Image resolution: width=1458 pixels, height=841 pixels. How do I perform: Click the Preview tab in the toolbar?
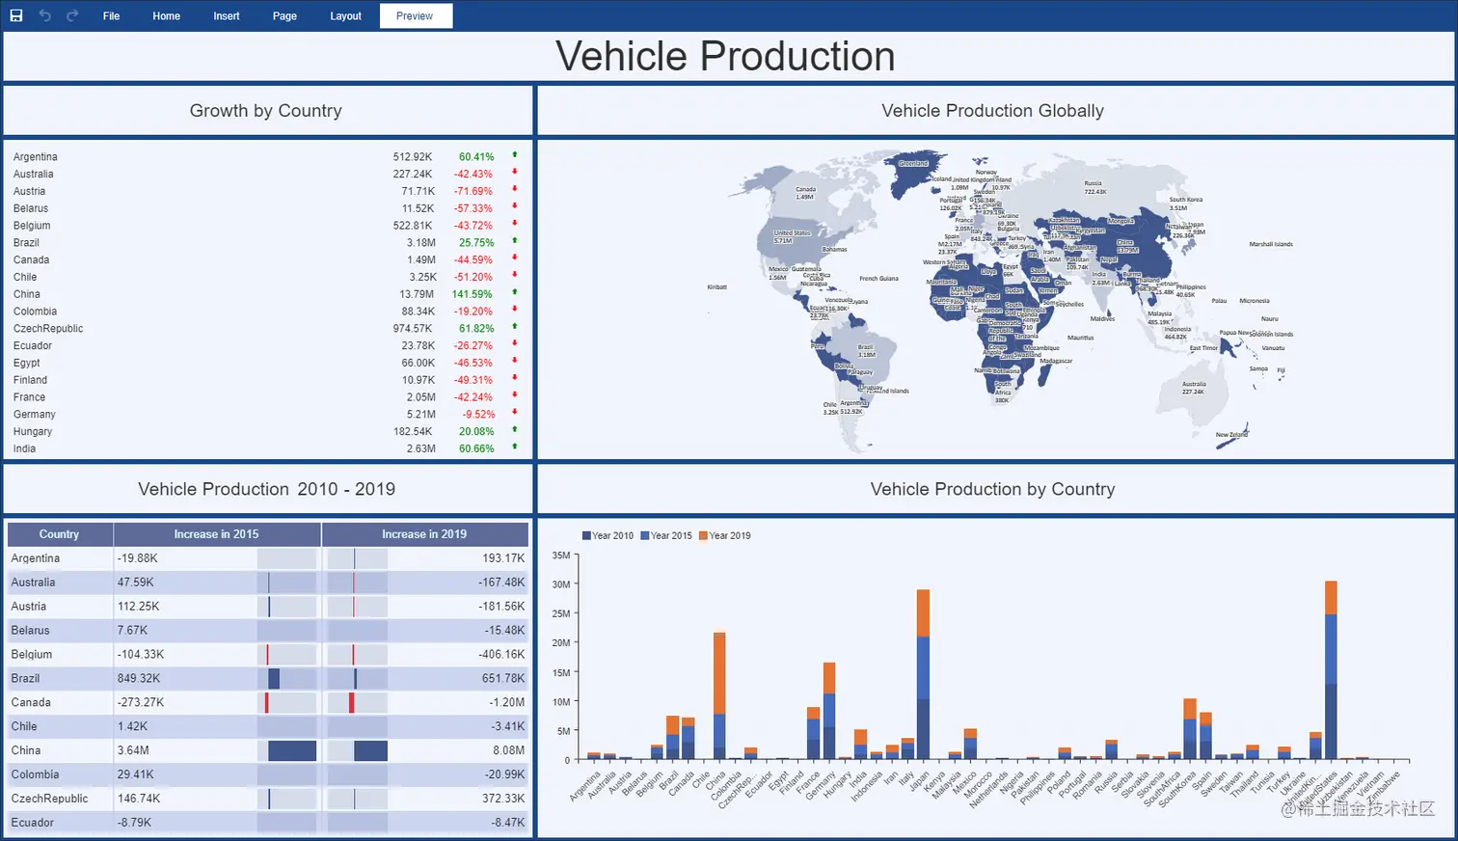pos(415,16)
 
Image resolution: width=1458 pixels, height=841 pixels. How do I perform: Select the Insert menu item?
pos(227,16)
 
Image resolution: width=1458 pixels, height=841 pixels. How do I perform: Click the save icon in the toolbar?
pos(16,15)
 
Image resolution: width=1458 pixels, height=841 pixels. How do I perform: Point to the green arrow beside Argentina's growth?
pos(515,154)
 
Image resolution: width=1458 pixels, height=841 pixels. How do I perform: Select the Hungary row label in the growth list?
pos(33,432)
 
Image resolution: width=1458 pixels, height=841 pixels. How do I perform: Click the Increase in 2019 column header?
pos(424,534)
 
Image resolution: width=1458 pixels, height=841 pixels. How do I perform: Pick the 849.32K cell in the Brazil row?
pos(139,678)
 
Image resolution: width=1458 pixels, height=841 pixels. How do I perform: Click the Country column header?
pos(59,534)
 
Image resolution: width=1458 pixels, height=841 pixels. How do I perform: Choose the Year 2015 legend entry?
pos(666,535)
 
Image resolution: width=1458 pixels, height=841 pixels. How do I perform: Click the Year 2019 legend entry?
pos(725,535)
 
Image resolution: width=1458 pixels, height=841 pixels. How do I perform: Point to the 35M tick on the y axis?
pos(561,556)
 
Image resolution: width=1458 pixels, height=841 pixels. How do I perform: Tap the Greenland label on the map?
pos(913,163)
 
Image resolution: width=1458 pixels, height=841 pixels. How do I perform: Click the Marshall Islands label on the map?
pos(1271,244)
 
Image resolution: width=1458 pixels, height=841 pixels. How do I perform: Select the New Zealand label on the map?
pos(1231,435)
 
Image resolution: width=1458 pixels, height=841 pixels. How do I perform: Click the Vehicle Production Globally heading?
pos(992,111)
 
